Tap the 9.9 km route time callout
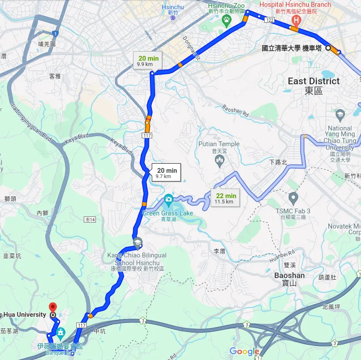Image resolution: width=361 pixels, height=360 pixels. click(148, 61)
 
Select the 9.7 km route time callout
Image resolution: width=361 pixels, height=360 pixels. click(165, 173)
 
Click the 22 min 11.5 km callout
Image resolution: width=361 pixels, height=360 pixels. click(225, 199)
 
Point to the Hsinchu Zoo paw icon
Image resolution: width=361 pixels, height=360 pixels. click(227, 20)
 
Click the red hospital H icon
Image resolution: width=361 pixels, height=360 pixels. click(296, 20)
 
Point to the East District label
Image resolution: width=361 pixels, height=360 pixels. click(313, 81)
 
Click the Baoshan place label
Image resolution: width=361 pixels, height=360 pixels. click(289, 275)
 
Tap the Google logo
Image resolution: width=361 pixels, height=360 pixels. click(244, 352)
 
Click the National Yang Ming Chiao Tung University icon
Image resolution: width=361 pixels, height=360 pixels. click(340, 115)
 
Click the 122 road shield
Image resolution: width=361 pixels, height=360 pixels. click(269, 20)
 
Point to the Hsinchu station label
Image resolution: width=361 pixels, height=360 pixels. click(173, 7)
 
